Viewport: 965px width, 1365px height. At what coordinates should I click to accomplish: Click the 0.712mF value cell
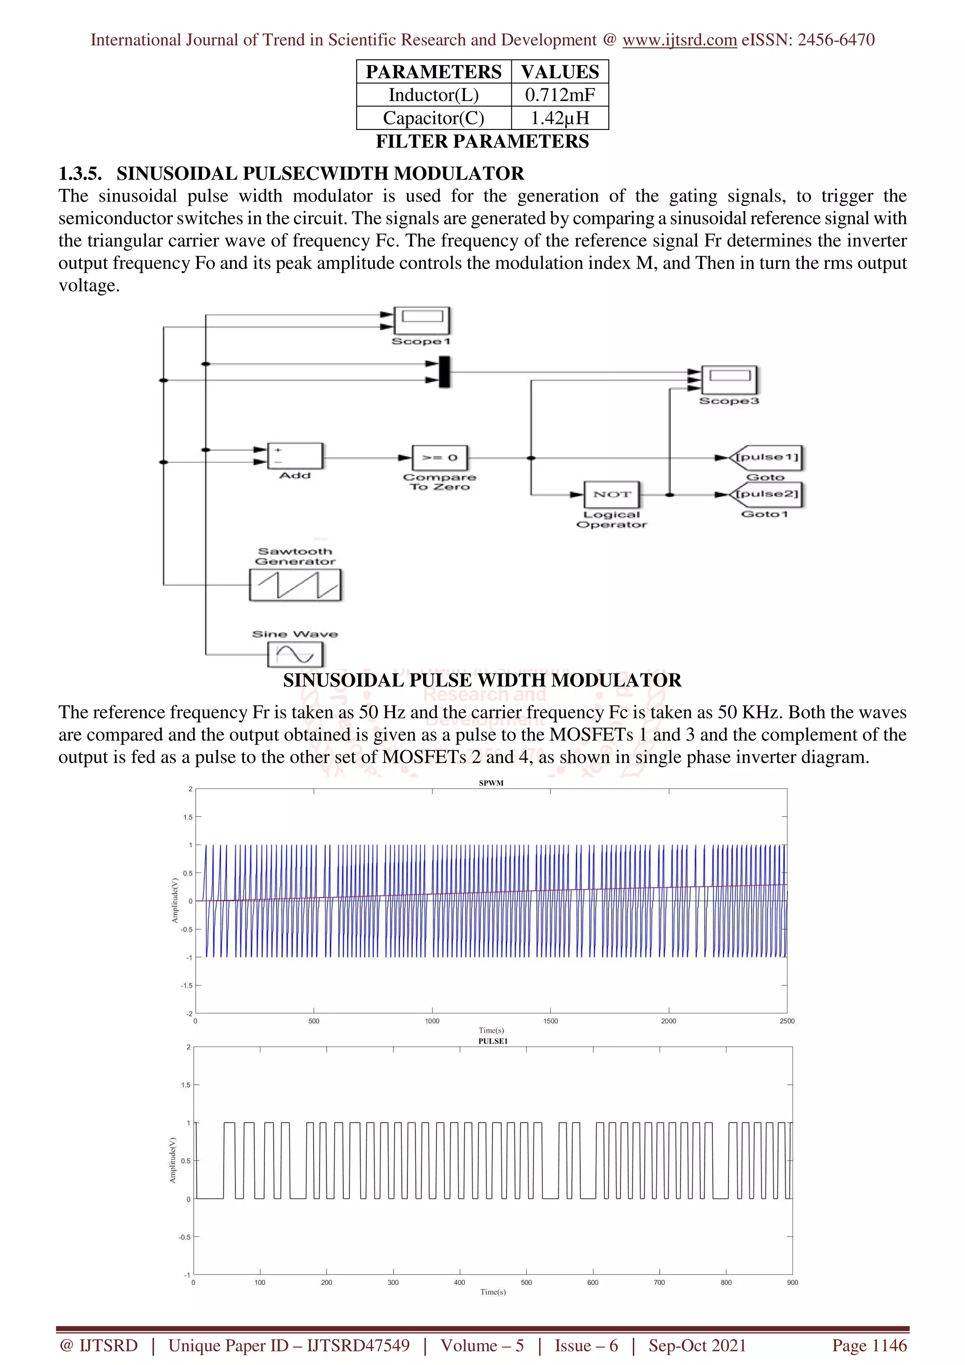coord(559,95)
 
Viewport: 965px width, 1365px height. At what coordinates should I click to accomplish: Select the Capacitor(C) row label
coord(433,118)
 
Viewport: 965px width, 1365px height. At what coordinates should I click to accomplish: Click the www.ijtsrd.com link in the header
coord(679,40)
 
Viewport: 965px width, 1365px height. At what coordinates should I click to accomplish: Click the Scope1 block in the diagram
coord(422,321)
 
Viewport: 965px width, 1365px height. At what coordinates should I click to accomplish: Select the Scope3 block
coord(729,380)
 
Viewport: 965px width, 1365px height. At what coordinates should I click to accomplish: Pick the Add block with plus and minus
coord(295,456)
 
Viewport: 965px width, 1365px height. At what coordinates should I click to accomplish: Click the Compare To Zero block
coord(440,458)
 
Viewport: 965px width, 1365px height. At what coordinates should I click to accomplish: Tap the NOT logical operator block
coord(611,495)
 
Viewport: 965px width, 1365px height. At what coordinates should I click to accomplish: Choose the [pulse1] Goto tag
coord(767,458)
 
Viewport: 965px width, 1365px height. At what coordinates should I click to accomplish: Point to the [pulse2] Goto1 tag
coord(767,495)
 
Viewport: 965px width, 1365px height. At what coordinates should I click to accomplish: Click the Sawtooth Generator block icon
coord(295,585)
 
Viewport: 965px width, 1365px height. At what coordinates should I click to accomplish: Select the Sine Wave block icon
coord(295,655)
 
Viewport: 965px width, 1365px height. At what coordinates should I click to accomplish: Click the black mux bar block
coord(444,372)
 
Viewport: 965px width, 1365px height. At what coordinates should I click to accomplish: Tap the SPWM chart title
coord(491,783)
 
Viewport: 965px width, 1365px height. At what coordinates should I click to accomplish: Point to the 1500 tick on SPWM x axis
coord(550,1021)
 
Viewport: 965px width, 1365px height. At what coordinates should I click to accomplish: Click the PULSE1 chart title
coord(493,1041)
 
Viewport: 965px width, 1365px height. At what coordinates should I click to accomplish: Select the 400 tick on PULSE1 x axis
coord(459,1283)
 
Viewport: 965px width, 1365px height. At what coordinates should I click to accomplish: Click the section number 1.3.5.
coord(80,174)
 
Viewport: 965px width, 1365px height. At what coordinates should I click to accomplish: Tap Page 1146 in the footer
coord(869,1345)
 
